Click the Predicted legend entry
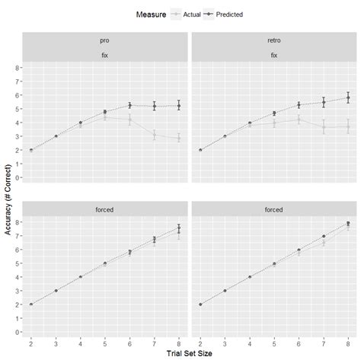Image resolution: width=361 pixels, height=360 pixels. point(229,13)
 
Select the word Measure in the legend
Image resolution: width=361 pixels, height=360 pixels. point(151,13)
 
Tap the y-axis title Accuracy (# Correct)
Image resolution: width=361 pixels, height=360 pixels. point(8,197)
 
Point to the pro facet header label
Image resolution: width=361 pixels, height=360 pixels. point(104,40)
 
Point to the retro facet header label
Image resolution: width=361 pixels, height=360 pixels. point(274,40)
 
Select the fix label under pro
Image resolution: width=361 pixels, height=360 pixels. point(104,55)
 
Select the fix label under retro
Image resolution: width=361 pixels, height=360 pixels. point(274,55)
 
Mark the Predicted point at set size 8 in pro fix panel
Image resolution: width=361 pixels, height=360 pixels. point(179,106)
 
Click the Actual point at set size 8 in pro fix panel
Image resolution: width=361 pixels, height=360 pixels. point(179,139)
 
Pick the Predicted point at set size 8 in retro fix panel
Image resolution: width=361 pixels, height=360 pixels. point(349,97)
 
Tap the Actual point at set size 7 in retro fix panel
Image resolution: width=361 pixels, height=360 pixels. point(324,127)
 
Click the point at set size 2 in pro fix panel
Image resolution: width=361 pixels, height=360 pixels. point(30,150)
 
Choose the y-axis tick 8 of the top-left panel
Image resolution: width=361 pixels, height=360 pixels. point(18,68)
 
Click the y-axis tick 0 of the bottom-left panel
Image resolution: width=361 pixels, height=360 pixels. point(18,332)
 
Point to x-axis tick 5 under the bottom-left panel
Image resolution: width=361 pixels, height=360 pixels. point(105,342)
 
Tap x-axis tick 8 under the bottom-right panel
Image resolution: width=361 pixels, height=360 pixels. point(349,342)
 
